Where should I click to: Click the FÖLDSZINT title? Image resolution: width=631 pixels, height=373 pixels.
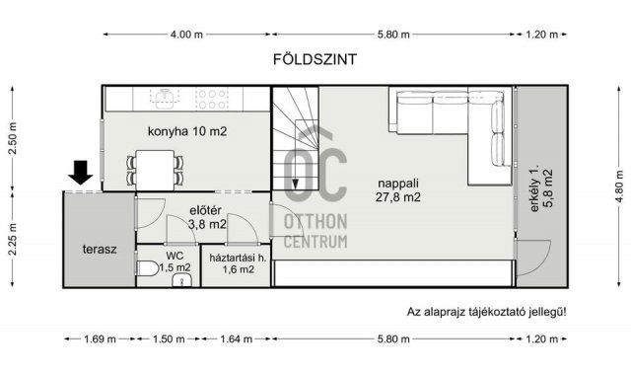point(315,59)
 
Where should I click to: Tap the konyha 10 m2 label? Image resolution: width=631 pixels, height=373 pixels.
point(187,131)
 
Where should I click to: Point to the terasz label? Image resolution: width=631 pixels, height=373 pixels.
point(100,249)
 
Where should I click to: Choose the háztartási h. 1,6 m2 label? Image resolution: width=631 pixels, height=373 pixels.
point(234,261)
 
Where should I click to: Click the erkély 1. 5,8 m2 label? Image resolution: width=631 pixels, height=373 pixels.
point(540,190)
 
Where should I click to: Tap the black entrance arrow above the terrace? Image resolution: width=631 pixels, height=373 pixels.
point(82,174)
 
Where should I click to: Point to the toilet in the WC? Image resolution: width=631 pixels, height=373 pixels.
point(146,267)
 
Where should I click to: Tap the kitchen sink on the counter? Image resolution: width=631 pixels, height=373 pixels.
point(164,98)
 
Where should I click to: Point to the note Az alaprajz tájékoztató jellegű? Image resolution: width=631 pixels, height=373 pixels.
point(487,312)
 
